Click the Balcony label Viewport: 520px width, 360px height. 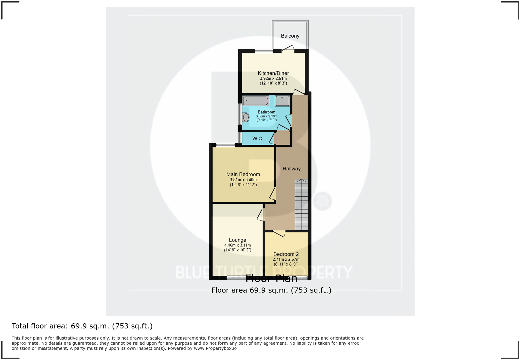point(290,36)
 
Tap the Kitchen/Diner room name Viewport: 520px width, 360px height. point(273,73)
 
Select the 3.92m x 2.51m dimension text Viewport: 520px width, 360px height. point(273,79)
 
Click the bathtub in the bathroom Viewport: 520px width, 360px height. point(256,101)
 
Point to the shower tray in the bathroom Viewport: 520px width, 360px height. point(282,101)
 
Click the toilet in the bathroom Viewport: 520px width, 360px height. point(246,117)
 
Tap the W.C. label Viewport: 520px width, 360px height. point(258,139)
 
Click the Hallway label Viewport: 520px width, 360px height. point(292,169)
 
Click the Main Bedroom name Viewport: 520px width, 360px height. point(243,174)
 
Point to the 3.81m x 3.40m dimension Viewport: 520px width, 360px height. point(243,180)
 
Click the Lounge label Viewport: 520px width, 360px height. point(237,240)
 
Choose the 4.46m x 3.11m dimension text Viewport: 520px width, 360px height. point(237,245)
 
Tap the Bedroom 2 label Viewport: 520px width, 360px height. point(286,254)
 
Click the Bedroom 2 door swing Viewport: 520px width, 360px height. point(279,234)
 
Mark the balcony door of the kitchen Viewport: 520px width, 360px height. point(288,49)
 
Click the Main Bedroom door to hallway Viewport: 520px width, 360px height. point(273,194)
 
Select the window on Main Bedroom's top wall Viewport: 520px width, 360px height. point(225,145)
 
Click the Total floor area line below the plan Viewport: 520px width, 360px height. point(82,326)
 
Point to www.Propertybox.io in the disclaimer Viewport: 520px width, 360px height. point(215,348)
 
